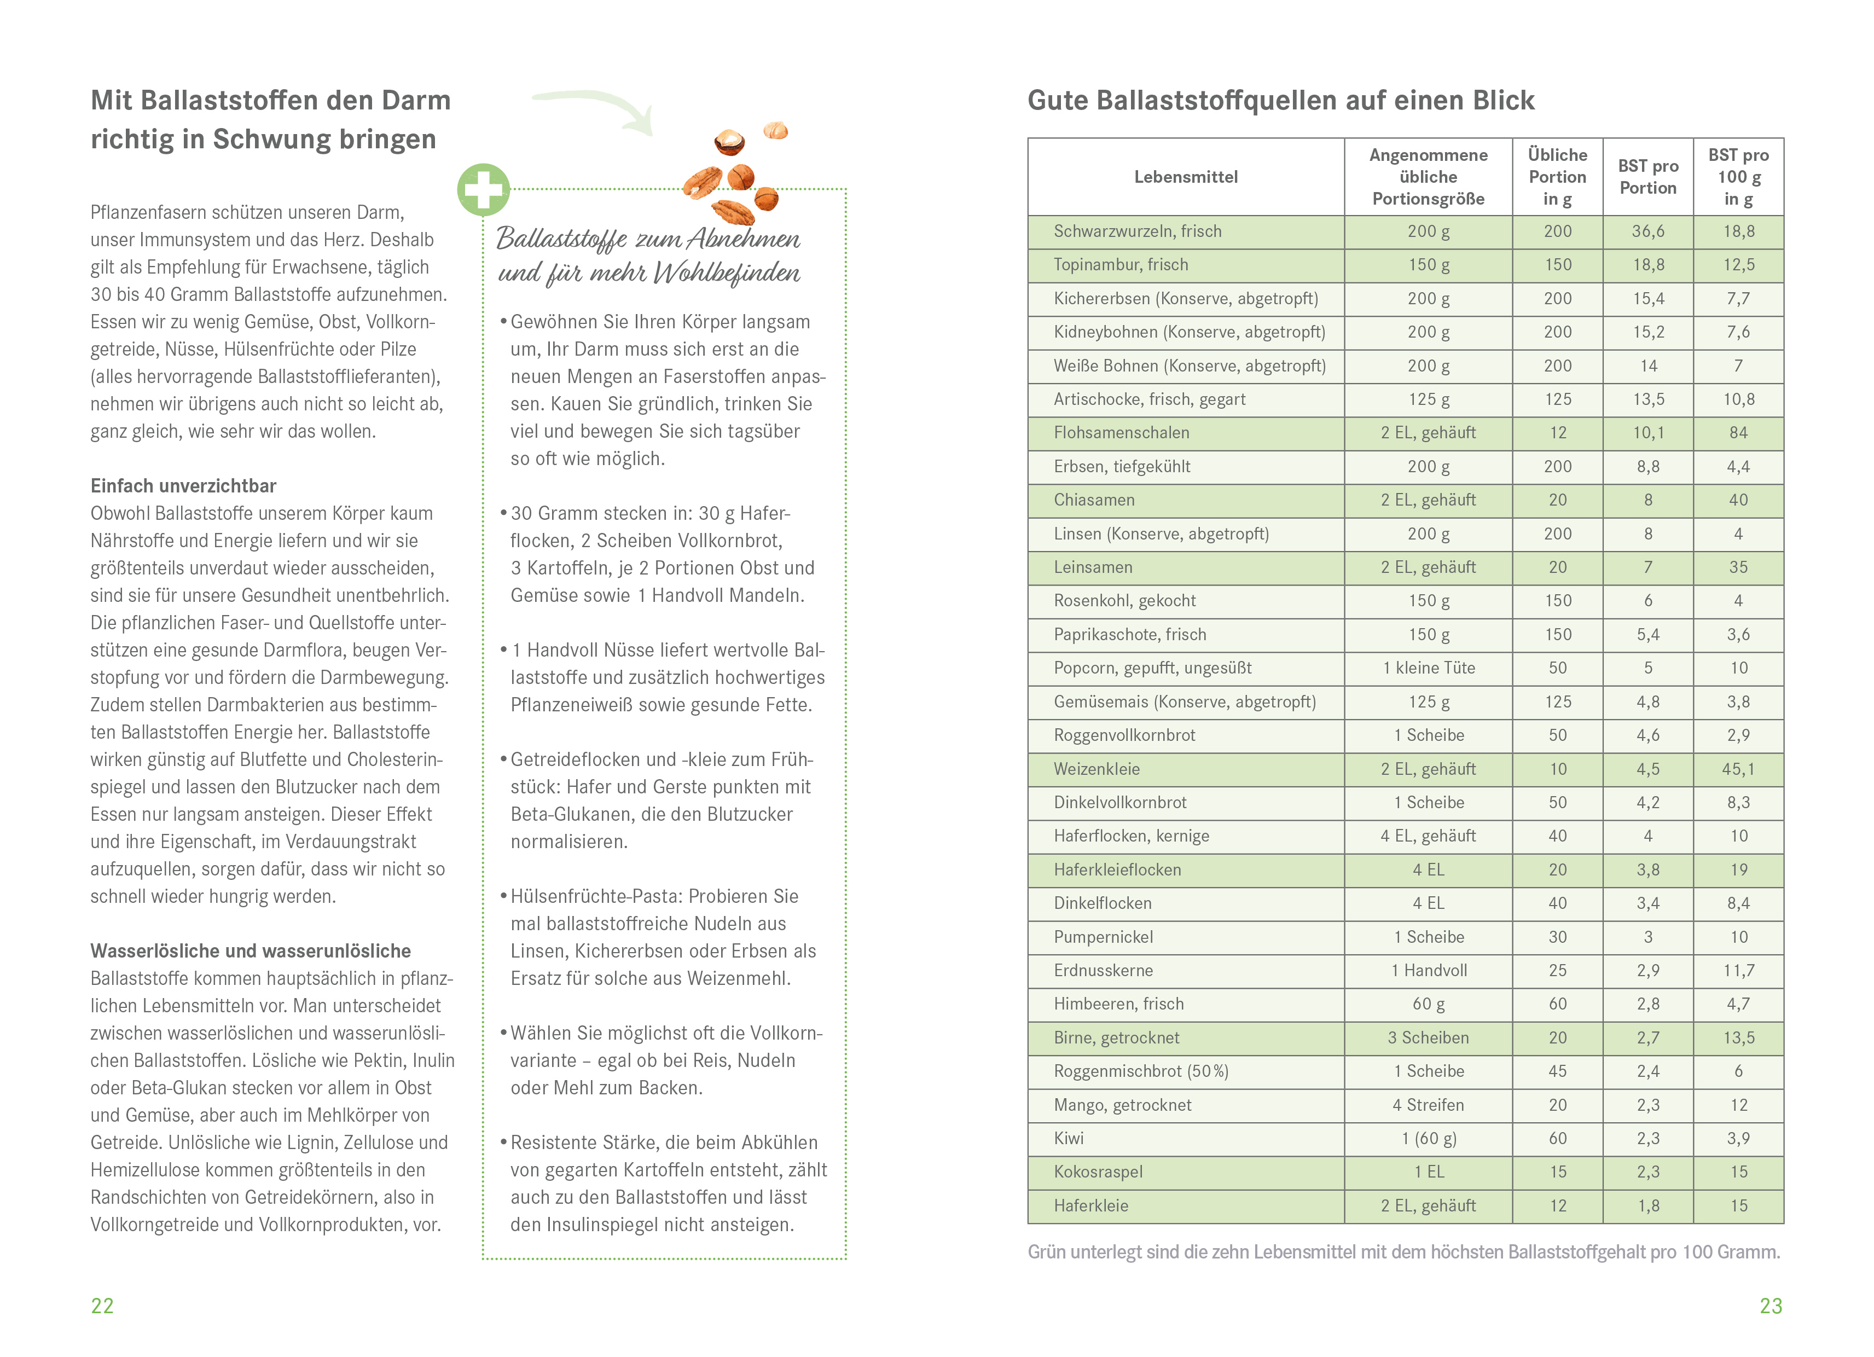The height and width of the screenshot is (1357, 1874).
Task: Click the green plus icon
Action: (x=483, y=190)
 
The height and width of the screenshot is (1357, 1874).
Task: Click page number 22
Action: (x=102, y=1306)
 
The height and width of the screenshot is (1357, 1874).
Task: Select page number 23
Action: (x=1771, y=1306)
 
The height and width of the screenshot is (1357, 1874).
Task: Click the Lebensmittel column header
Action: (x=1186, y=177)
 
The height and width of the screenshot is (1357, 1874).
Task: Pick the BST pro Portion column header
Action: (x=1647, y=177)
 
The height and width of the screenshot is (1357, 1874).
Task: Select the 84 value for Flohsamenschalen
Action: (x=1738, y=433)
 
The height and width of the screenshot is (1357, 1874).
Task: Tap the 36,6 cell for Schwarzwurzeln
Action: (x=1647, y=231)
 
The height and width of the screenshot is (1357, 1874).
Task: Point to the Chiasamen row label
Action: (x=1094, y=500)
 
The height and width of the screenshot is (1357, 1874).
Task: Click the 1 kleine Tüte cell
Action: (x=1429, y=668)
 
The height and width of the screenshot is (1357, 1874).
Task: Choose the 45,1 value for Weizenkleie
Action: (x=1738, y=769)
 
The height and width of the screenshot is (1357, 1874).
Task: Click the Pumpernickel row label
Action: (x=1103, y=937)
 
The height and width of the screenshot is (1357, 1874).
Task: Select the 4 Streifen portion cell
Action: (x=1429, y=1105)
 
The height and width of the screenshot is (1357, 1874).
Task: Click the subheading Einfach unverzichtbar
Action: (x=183, y=486)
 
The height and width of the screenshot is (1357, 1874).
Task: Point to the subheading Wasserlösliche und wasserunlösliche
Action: (x=251, y=951)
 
